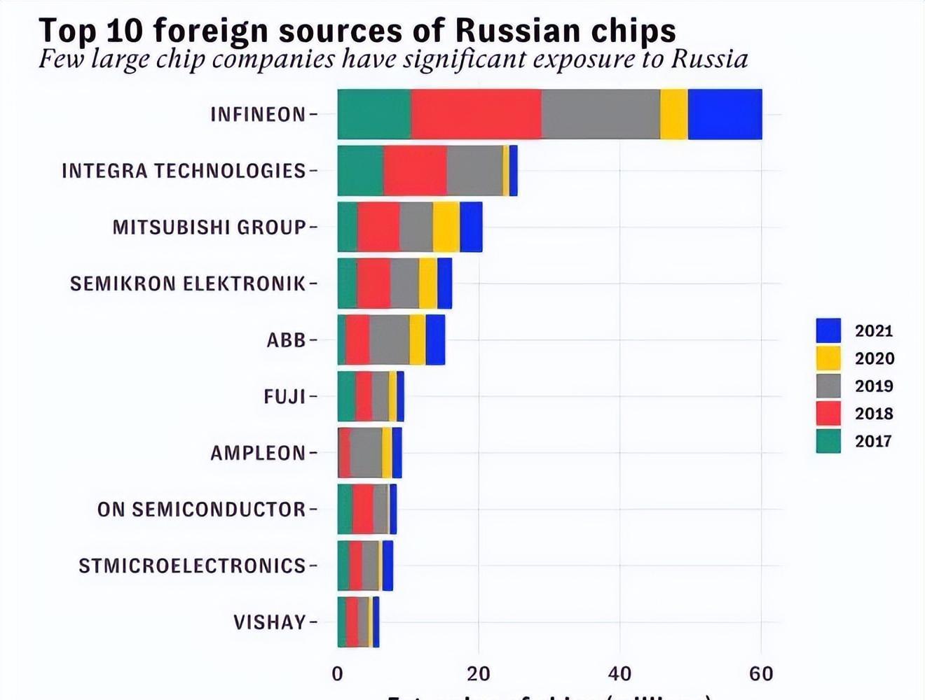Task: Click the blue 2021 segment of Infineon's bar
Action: (725, 114)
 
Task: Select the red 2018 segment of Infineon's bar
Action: (476, 114)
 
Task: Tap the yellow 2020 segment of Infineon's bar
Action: (673, 114)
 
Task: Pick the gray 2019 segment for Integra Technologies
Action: (474, 171)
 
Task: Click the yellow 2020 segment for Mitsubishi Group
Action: (446, 227)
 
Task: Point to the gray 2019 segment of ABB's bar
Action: (389, 340)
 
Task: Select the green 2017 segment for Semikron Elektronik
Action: (347, 283)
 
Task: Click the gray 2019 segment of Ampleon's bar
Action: (366, 453)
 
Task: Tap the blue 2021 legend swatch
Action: (828, 330)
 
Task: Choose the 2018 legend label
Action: (874, 414)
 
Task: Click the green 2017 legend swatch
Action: (828, 441)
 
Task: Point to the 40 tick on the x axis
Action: (619, 674)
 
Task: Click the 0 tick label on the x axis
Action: (338, 674)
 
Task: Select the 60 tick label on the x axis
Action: (761, 674)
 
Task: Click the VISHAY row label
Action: (270, 622)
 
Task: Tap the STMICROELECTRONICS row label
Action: (192, 566)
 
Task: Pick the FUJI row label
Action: (285, 397)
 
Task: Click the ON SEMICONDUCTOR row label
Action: (202, 510)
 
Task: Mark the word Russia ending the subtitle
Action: (709, 59)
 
